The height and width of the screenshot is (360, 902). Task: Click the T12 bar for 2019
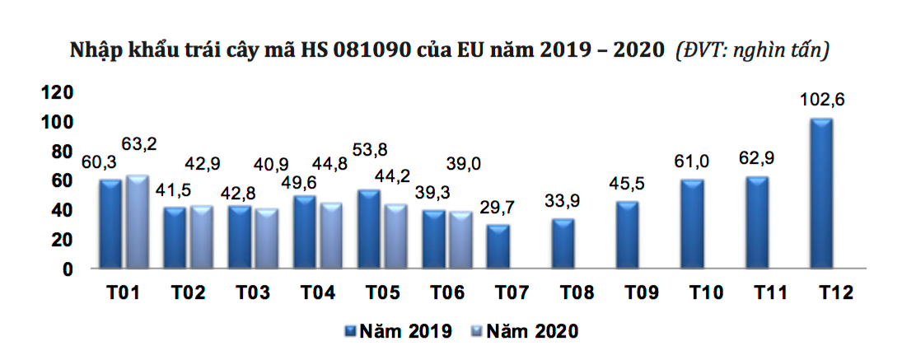[821, 194]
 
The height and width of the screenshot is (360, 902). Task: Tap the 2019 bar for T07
[498, 246]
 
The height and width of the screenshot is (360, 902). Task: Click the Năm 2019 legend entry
[399, 331]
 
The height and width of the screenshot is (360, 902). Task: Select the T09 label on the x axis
[640, 293]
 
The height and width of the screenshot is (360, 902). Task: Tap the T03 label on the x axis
[253, 293]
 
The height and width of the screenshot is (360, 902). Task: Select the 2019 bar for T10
[691, 223]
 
